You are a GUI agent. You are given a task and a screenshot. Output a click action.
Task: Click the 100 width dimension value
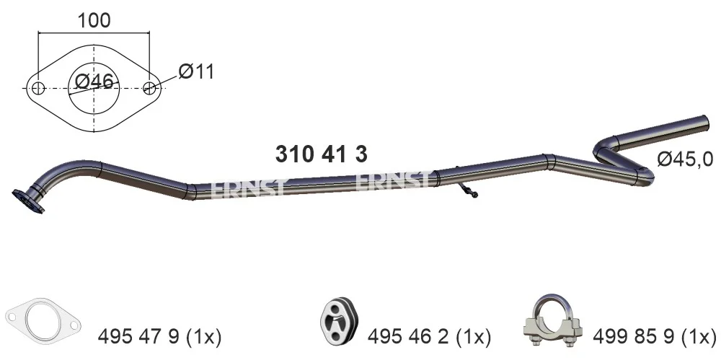94,20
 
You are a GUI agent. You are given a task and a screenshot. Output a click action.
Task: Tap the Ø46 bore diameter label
94,82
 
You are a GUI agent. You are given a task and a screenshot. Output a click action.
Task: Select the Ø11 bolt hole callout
196,72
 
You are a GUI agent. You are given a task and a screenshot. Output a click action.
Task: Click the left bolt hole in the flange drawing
39,88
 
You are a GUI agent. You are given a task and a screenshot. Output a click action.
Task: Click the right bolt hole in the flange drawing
149,88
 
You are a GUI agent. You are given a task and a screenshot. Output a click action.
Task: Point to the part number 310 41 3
322,154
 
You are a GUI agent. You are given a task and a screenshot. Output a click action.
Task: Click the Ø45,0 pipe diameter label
685,159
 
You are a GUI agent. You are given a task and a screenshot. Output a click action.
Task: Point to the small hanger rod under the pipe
466,188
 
